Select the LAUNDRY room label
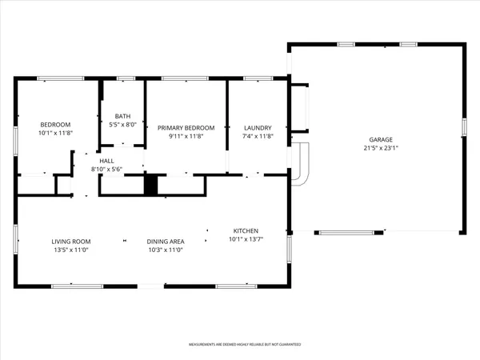coord(258,127)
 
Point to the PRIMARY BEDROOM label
coord(186,127)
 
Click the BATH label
coord(122,115)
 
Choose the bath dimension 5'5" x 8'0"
coord(122,125)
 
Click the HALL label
coord(106,160)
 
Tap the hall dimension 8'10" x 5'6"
coord(106,169)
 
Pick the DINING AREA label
coord(166,241)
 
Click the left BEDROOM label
coord(56,124)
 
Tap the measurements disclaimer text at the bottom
coord(245,345)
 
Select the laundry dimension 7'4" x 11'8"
coord(258,137)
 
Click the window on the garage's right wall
coord(464,128)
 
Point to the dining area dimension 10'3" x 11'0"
coord(166,250)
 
